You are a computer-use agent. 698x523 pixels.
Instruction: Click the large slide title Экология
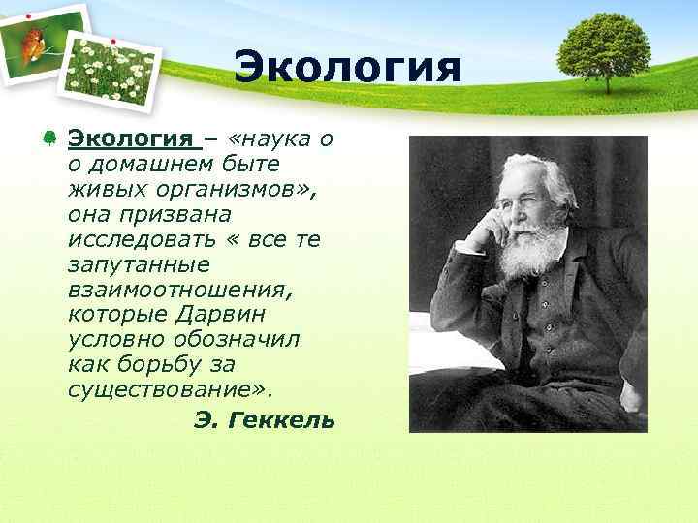click(348, 69)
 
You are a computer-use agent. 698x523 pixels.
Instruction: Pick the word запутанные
click(132, 263)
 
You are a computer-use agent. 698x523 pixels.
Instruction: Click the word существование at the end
click(169, 389)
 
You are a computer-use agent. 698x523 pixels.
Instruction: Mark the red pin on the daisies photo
click(112, 41)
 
